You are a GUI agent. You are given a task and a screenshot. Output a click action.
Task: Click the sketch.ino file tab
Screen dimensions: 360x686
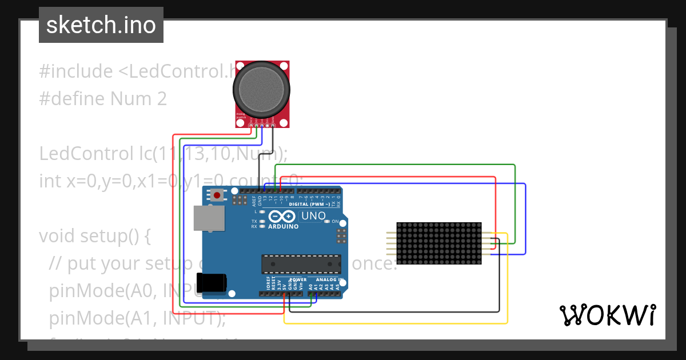coord(101,25)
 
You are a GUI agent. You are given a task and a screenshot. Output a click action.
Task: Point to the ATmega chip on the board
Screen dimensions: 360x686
coord(301,264)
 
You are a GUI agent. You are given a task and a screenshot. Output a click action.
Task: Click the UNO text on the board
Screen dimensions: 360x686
coord(313,217)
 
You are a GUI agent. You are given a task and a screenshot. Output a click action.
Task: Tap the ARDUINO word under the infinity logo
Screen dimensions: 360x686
coord(283,226)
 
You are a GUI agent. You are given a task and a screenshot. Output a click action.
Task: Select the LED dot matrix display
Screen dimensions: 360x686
coord(438,243)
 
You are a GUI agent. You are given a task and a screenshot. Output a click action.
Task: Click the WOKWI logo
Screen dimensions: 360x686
coord(607,315)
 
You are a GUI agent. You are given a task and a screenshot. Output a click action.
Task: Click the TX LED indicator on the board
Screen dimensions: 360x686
coord(262,221)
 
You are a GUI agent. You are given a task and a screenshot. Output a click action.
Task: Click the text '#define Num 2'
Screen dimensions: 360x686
coord(103,99)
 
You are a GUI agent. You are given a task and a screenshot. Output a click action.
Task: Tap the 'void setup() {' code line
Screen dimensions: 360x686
coord(94,236)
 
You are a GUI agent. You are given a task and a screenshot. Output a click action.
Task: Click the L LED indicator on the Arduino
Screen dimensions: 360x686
coord(262,211)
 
